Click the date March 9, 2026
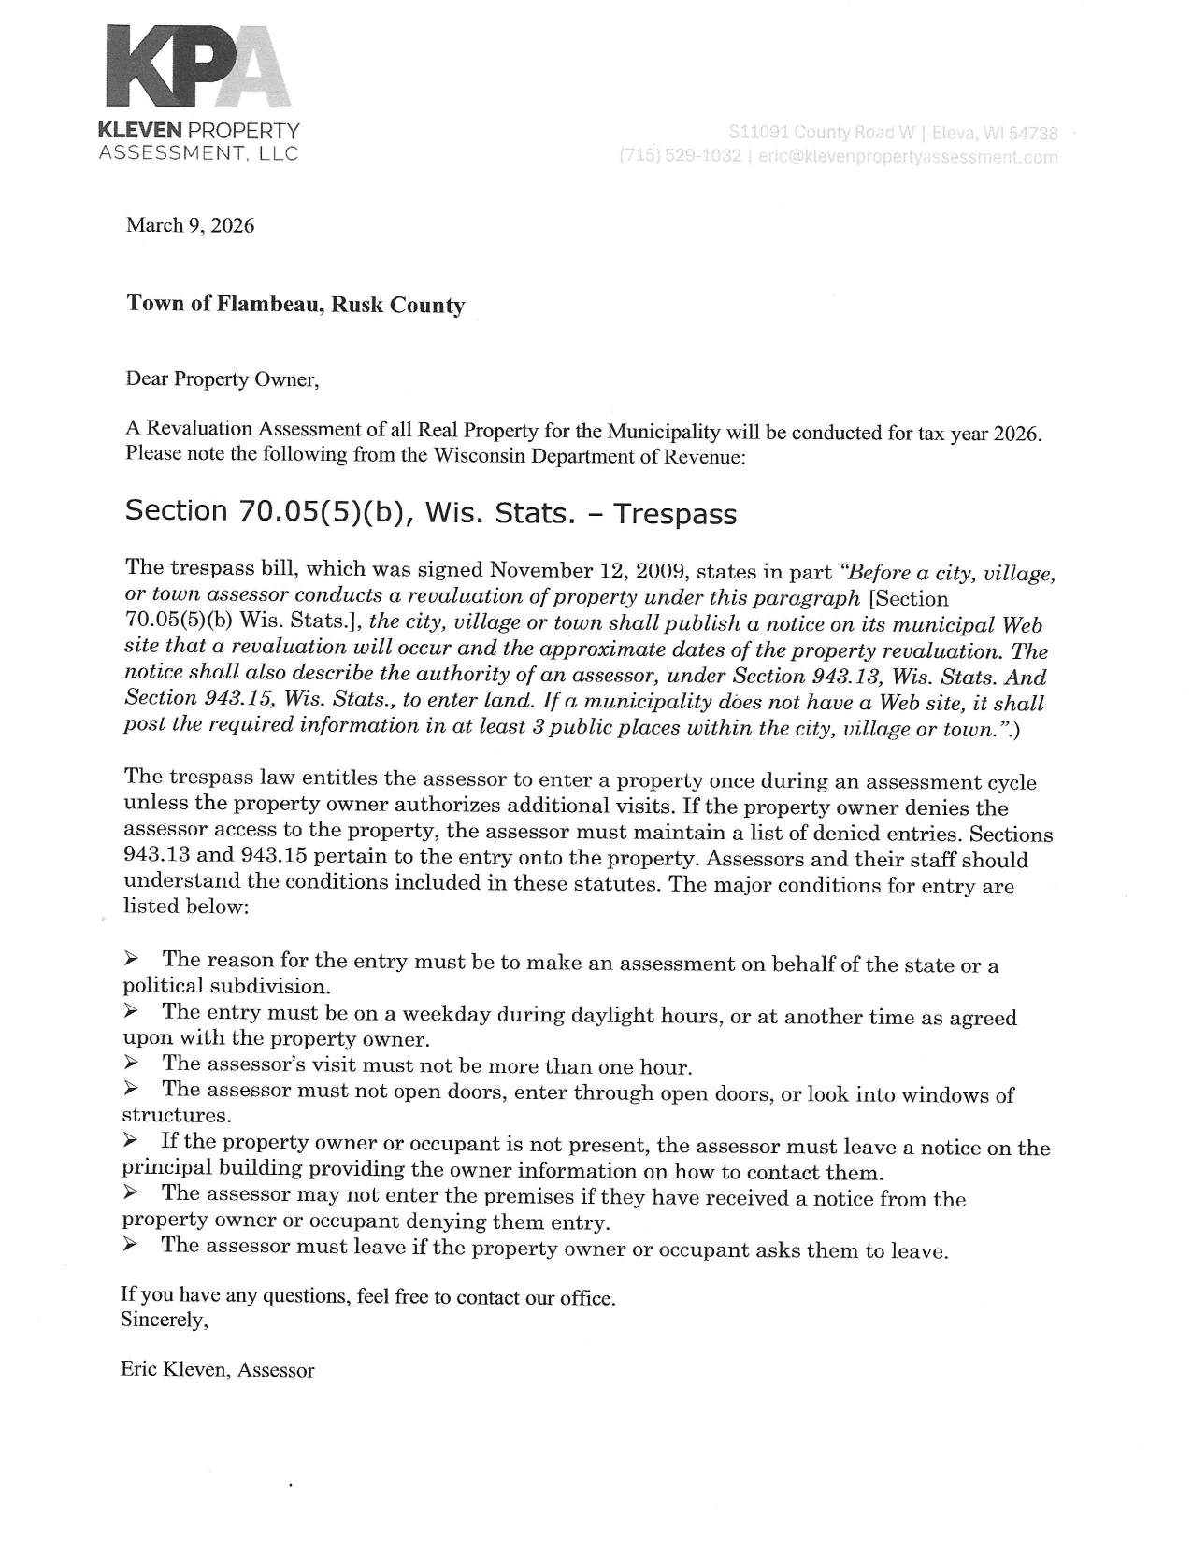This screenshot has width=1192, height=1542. click(x=190, y=225)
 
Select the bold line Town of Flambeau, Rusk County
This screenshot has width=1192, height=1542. click(x=295, y=305)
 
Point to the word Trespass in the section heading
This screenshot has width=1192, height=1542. click(x=675, y=513)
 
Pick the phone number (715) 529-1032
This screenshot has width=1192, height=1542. click(x=681, y=156)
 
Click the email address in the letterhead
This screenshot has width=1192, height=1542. click(x=908, y=157)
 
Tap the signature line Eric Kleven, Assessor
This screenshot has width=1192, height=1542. click(x=218, y=1370)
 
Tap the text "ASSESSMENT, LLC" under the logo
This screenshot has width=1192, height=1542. click(x=198, y=153)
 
